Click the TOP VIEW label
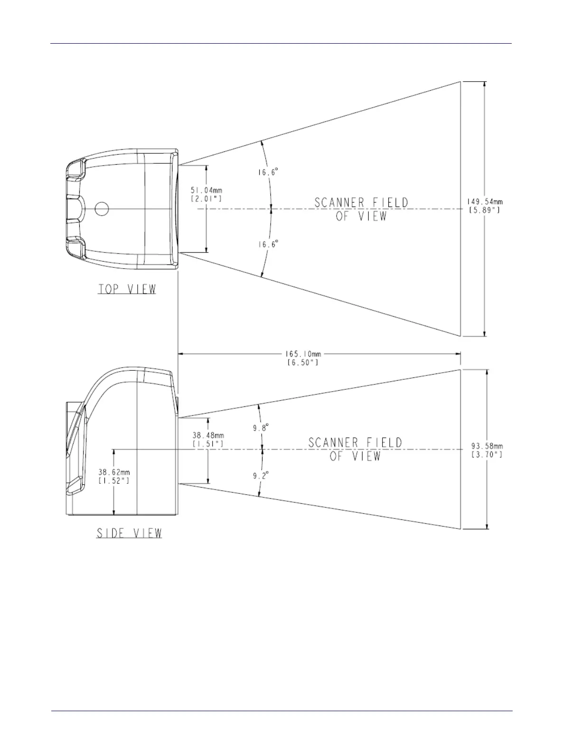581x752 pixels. tap(127, 289)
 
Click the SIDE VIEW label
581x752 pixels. tap(129, 533)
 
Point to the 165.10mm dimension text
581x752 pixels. tap(303, 354)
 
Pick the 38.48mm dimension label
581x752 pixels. tap(208, 435)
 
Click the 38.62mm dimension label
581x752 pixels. tap(114, 472)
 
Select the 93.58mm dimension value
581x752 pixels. tap(487, 446)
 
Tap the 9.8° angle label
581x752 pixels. tap(261, 427)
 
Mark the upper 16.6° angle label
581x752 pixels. tap(268, 173)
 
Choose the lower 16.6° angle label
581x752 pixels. tap(268, 244)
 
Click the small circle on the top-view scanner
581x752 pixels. tap(102, 208)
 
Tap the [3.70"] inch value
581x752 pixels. tap(487, 455)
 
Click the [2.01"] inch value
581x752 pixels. tap(206, 199)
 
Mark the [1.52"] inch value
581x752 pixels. tap(114, 480)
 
